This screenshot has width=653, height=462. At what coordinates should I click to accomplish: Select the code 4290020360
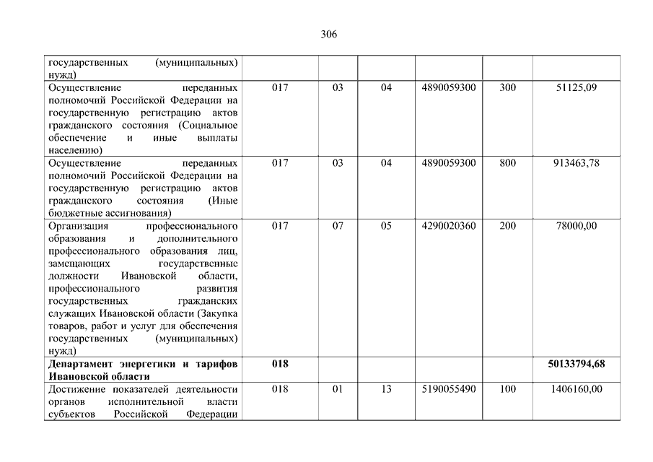(x=448, y=226)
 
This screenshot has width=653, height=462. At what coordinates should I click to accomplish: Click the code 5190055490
(x=448, y=389)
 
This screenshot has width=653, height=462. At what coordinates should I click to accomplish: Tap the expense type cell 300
(x=507, y=87)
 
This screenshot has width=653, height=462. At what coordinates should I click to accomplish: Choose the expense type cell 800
(x=507, y=163)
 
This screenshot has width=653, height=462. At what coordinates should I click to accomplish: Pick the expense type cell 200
(x=507, y=226)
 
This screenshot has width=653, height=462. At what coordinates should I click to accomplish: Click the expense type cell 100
(x=507, y=389)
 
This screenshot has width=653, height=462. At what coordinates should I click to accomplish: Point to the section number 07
(x=338, y=226)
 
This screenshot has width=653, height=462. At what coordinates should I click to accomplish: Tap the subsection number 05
(x=386, y=226)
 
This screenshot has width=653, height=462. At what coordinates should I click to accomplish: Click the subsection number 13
(x=386, y=389)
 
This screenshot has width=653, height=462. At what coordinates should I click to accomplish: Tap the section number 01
(x=338, y=389)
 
